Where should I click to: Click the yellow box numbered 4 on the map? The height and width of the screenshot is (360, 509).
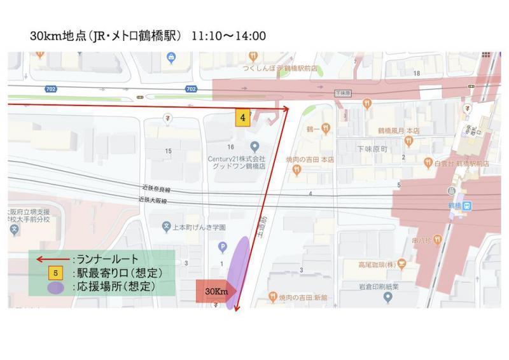tap(242, 118)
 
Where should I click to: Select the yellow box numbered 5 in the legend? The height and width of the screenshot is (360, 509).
tap(56, 273)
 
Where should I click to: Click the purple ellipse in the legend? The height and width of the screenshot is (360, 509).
tap(56, 287)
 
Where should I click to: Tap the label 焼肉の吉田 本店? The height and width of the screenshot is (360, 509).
tap(311, 160)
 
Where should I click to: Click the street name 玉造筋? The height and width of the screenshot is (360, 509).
tap(261, 226)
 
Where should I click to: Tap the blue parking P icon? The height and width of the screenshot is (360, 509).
tap(222, 246)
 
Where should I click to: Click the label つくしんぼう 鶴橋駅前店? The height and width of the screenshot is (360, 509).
tap(280, 68)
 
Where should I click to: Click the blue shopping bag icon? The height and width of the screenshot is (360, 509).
tap(171, 58)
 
